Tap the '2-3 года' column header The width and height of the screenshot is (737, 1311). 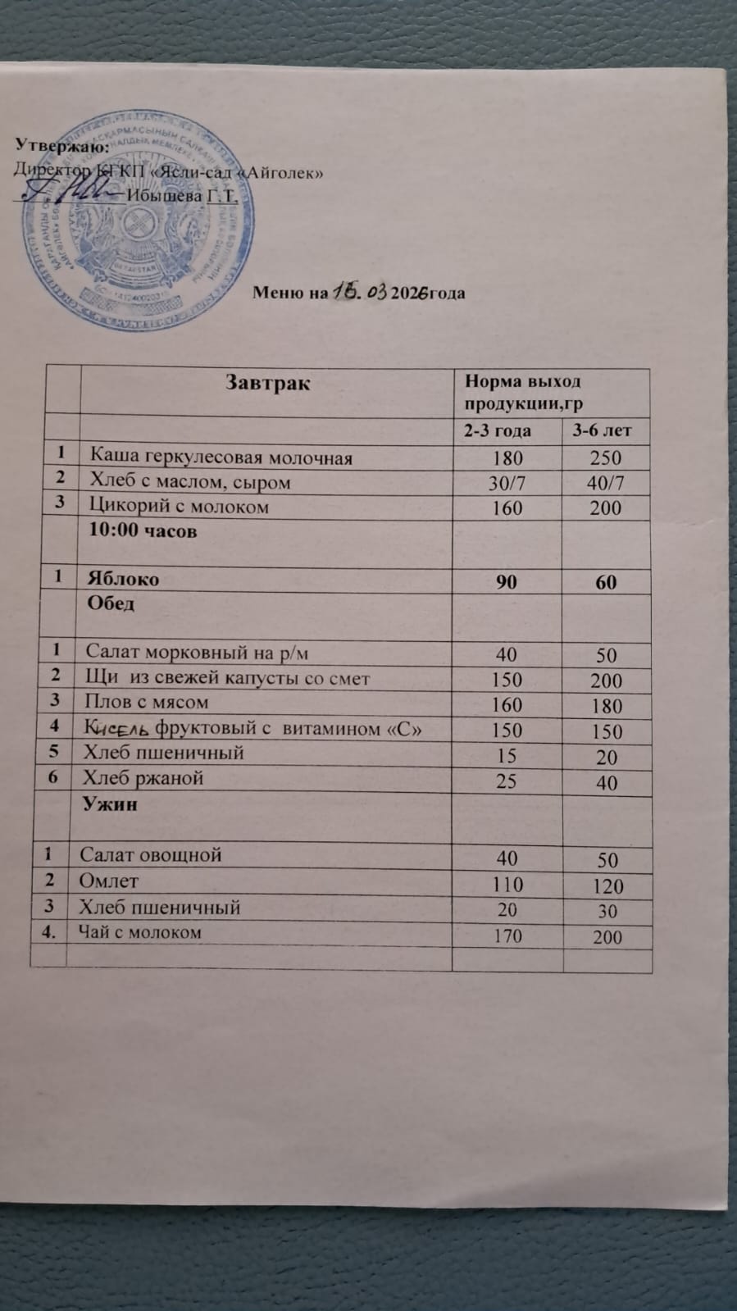point(498,430)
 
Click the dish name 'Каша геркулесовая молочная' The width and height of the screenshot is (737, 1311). point(221,457)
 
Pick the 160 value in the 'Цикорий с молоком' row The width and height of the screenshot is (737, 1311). point(507,508)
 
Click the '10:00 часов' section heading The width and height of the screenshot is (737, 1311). point(143,530)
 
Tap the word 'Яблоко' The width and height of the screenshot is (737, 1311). point(123,579)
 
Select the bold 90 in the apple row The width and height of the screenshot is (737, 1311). point(506,581)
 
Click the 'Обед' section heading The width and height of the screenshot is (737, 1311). point(111,603)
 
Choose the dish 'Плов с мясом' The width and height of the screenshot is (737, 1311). point(147,702)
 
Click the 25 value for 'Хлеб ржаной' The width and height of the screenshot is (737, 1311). point(507,781)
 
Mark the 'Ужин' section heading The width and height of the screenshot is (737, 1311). point(109,804)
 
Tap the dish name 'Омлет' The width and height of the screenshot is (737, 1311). point(109,881)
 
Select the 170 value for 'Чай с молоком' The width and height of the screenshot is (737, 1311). point(508,935)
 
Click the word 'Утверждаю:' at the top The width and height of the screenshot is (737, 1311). point(62,146)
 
